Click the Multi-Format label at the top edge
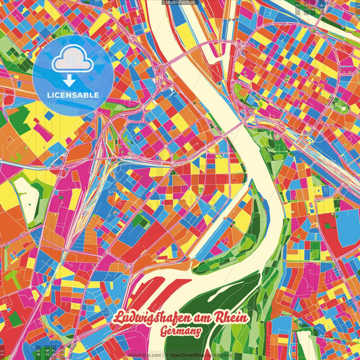click(180, 3)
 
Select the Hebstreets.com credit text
click(143, 355)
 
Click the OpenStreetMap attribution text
click(195, 355)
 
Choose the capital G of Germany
click(166, 332)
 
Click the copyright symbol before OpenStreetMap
click(168, 355)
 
